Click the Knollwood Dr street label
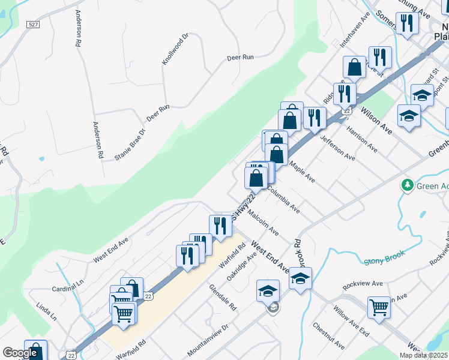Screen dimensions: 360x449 point(175,49)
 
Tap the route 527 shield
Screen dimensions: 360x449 point(33,25)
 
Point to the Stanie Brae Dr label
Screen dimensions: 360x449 point(130,145)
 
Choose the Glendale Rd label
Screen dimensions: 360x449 point(223,298)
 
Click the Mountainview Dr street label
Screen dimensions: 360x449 point(208,339)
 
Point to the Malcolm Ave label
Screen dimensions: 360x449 point(263,222)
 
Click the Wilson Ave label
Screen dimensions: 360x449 point(376,121)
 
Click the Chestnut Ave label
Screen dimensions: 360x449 point(328,336)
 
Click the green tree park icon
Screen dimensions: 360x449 point(408,185)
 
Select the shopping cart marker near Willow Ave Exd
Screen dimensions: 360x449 point(379,307)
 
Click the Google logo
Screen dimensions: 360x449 point(20,353)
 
